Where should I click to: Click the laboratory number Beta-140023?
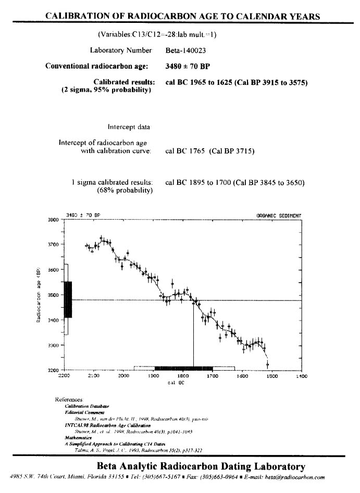(184, 50)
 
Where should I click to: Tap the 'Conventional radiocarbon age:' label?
(97, 66)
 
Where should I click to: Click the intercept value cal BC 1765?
(184, 151)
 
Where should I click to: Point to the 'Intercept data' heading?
(129, 127)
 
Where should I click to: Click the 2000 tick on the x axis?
(124, 376)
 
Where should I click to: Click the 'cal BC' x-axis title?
(175, 383)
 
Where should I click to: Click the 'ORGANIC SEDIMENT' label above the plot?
(279, 216)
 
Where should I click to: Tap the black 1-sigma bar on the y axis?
(68, 299)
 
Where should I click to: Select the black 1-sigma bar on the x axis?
(184, 368)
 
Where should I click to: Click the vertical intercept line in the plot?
(194, 333)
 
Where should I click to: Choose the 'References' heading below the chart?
(68, 399)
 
